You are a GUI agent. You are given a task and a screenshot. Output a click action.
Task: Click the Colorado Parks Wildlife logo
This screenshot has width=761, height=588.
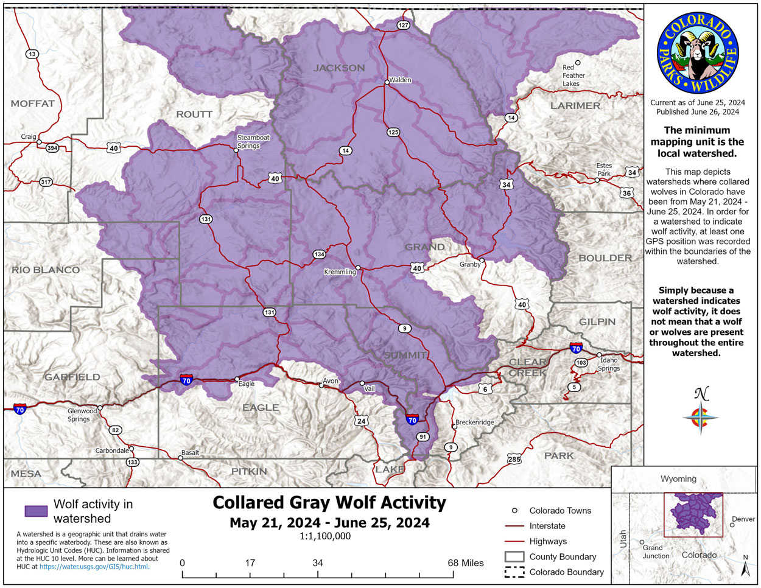tap(697, 54)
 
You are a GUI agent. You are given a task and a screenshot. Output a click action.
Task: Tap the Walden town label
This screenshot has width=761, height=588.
tap(400, 80)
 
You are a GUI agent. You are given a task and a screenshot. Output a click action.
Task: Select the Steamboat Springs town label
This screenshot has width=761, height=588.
tap(253, 141)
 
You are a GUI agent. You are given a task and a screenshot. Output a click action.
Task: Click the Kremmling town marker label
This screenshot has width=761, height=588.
tap(340, 272)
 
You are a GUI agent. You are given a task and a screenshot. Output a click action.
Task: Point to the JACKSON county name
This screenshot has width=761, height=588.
tap(339, 68)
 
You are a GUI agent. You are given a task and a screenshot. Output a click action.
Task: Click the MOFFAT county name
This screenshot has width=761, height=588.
tap(33, 103)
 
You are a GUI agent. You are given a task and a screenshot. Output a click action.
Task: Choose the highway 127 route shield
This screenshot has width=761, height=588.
tap(403, 25)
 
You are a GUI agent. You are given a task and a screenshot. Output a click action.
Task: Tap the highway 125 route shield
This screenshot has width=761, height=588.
tap(393, 132)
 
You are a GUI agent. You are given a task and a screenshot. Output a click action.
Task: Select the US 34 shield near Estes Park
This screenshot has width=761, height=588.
tap(632, 173)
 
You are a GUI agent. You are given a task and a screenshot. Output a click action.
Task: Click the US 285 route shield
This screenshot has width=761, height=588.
tap(514, 459)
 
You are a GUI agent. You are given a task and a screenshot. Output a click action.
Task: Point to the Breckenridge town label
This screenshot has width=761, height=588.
tap(475, 422)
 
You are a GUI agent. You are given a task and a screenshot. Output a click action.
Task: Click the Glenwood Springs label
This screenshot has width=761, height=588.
tap(82, 415)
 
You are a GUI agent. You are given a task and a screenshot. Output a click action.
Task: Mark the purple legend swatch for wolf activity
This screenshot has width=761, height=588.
tap(36, 511)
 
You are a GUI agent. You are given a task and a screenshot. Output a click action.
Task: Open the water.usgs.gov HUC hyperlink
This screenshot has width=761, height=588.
tap(94, 566)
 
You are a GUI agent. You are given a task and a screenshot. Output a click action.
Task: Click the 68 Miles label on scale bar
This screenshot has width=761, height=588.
tap(465, 562)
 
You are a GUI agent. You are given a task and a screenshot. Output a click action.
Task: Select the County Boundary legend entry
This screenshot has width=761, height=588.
tap(563, 556)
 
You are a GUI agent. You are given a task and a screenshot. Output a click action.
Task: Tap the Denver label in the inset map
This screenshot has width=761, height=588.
tap(743, 519)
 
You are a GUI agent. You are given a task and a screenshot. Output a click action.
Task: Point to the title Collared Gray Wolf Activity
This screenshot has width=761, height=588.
tap(329, 503)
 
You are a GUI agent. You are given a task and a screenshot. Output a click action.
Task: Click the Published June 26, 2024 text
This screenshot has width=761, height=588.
tap(697, 112)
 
